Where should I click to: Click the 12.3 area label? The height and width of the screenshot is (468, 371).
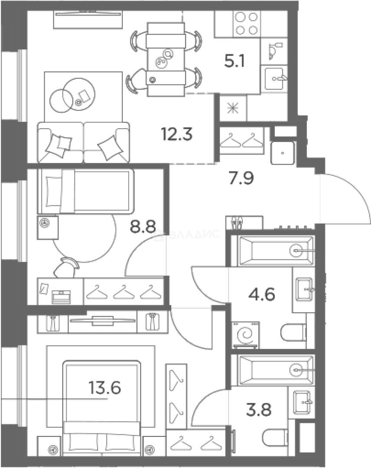pos(177,134)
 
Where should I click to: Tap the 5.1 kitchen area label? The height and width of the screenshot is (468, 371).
pos(234,61)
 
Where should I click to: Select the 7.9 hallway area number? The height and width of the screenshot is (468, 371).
pos(241,178)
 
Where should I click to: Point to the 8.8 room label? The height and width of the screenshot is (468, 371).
pos(143,226)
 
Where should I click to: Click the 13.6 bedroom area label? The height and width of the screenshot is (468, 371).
pos(104,388)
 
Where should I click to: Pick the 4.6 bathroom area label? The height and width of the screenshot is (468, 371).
pos(261,294)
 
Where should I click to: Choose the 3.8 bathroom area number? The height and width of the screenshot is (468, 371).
pos(259,409)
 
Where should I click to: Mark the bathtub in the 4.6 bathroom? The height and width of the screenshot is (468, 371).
pos(277,251)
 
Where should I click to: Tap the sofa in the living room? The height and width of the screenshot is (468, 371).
pos(83,143)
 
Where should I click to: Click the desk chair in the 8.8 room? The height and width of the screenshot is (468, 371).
pos(67,267)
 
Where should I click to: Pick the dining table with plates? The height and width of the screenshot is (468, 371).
pos(166,60)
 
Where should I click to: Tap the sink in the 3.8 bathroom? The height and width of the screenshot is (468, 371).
pos(303,402)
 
